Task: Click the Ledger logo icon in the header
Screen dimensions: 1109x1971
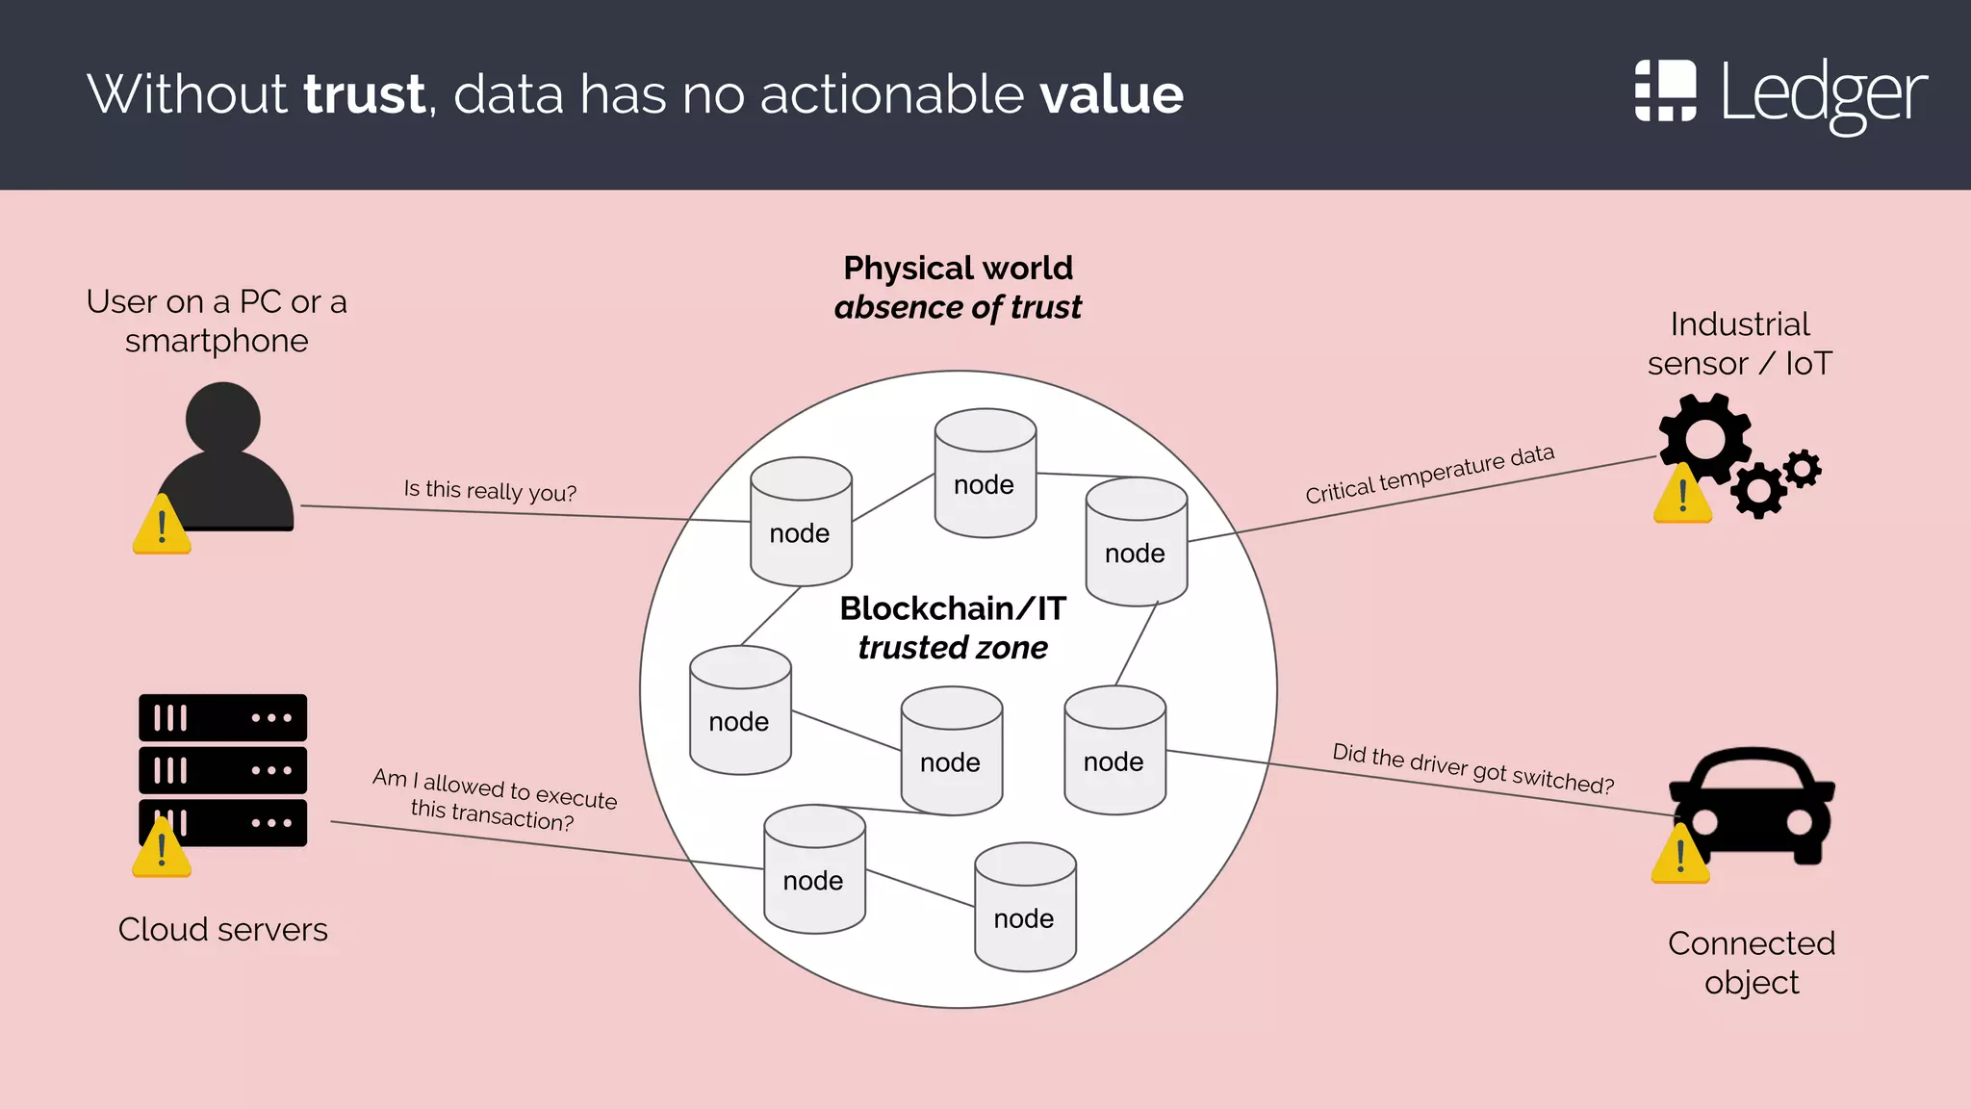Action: [1665, 90]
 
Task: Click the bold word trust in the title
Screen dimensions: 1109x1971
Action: [365, 94]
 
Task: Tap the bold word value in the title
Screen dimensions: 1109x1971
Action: [1112, 94]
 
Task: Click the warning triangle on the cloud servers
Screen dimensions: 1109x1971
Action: [162, 850]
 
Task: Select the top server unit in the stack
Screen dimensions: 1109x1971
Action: [222, 718]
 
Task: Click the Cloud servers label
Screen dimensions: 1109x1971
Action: [222, 930]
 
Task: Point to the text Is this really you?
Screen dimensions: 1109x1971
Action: [490, 491]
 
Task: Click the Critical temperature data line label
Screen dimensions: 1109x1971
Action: [1429, 474]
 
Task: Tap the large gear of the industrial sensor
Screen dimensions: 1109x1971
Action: [1704, 439]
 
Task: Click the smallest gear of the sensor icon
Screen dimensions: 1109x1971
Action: [1803, 469]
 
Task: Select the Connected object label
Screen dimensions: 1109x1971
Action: [1751, 963]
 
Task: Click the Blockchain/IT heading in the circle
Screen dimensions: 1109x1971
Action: [953, 608]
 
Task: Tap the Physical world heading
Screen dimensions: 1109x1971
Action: [958, 268]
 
